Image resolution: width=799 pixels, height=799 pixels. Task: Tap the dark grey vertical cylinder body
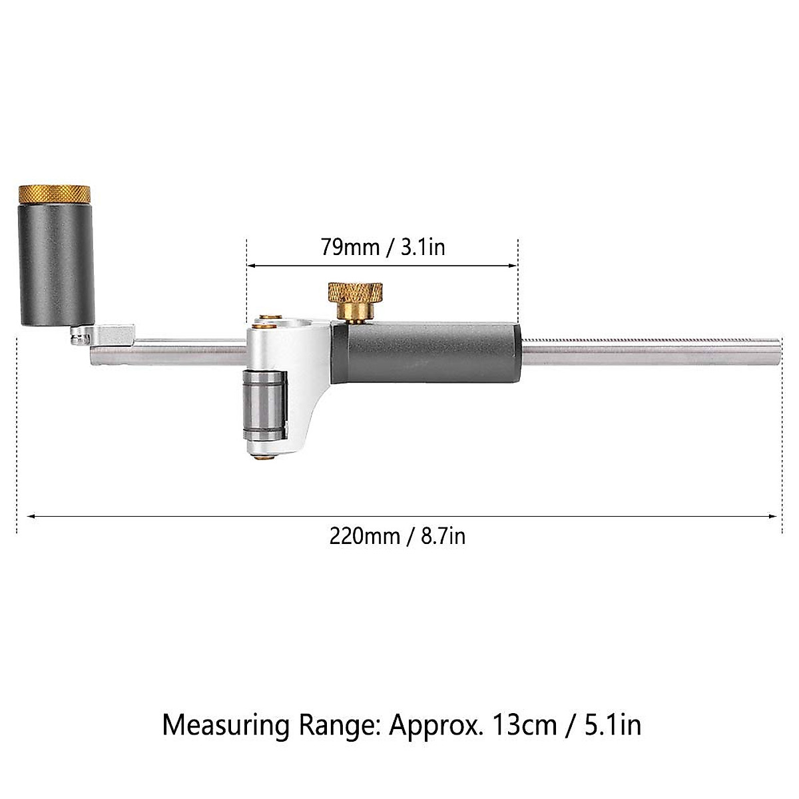pos(55,266)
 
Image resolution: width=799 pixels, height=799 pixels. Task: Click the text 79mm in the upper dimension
pos(348,247)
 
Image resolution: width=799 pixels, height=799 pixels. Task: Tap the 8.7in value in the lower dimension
pos(443,536)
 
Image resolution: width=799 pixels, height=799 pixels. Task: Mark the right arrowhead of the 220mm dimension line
pos(772,515)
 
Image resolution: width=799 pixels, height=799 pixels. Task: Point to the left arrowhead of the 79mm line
pos(252,265)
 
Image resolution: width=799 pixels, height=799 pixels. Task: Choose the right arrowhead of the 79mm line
pos(513,265)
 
